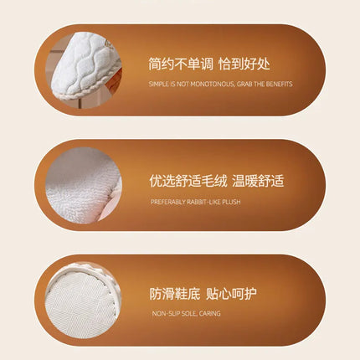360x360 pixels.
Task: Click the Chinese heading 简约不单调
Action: click(180, 64)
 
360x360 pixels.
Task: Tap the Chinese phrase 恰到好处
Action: click(244, 64)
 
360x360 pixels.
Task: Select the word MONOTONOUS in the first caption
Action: click(212, 84)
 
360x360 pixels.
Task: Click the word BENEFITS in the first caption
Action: click(279, 84)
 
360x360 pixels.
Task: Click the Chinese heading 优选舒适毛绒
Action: click(188, 181)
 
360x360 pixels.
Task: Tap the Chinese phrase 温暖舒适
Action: click(258, 181)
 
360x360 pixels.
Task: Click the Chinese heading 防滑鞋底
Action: click(175, 294)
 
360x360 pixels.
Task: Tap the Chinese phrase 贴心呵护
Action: click(231, 294)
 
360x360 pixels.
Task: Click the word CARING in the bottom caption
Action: click(210, 313)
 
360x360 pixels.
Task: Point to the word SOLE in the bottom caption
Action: click(190, 313)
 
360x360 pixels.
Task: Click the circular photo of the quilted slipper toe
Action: click(84, 70)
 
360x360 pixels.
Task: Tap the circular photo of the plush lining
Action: click(84, 186)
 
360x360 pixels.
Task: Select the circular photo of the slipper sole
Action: click(83, 301)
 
